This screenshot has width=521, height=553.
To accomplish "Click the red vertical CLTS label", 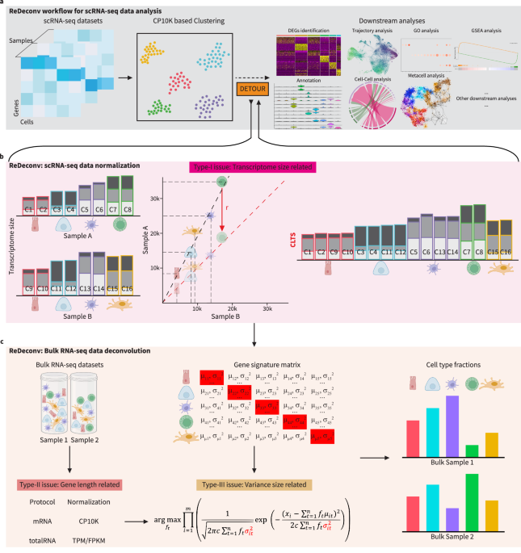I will point(283,241).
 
